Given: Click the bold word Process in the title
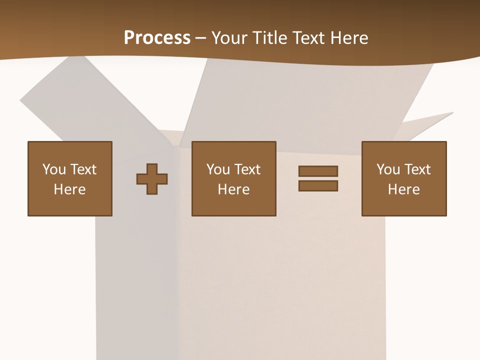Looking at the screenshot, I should [157, 38].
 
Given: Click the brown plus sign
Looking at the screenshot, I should [152, 179].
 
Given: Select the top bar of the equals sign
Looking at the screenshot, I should [318, 171].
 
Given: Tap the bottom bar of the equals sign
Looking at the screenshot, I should [318, 186].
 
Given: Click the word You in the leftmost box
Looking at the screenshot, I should [54, 169].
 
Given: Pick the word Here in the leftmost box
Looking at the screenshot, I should [70, 189].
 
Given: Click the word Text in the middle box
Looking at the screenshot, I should [247, 169].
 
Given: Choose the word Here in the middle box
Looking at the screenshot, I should [234, 189].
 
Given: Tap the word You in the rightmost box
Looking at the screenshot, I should [388, 169].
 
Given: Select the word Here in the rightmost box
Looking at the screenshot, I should [404, 189].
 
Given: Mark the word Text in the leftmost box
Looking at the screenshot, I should [83, 169].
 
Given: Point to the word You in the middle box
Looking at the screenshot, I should [218, 169].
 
